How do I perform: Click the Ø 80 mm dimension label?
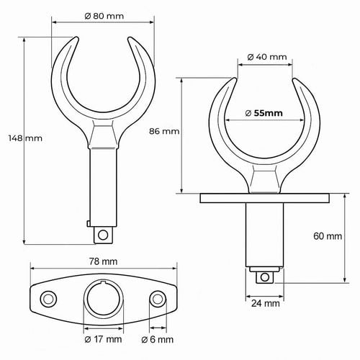point(104,16)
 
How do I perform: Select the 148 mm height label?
point(25,138)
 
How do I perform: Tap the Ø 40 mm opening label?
point(267,57)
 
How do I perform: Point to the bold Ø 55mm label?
point(264,113)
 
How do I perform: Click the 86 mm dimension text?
point(164,131)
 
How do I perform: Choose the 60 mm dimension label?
point(328,236)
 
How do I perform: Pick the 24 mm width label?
point(266,304)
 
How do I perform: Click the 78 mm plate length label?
point(103,261)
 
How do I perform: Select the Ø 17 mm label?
point(103,339)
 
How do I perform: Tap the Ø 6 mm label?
point(158,339)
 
